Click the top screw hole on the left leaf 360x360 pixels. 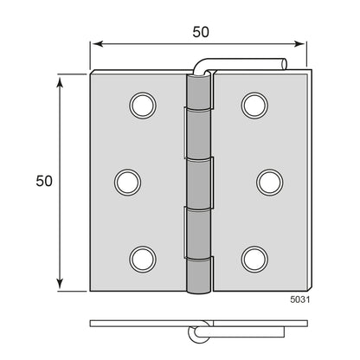coord(143,106)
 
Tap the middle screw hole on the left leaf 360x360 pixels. coord(127,182)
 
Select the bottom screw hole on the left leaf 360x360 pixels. coord(143,259)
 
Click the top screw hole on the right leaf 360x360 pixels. coord(254,106)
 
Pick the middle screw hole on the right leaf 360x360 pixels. coord(270,182)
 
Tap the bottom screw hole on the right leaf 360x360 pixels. coord(254,259)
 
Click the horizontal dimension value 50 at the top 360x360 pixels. coord(201,32)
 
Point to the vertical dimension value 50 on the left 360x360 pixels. coord(44,181)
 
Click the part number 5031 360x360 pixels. coord(300,299)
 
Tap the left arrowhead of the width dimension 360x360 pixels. coord(98,44)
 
